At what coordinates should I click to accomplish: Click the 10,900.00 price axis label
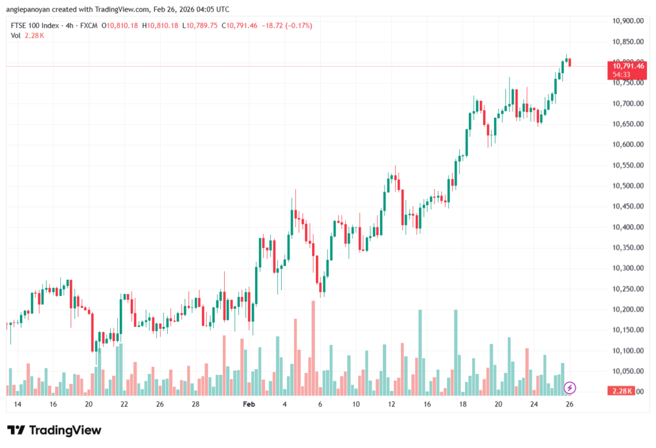[x=627, y=21]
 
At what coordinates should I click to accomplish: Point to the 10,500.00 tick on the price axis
[x=627, y=186]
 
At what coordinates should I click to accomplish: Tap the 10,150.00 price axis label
[x=627, y=330]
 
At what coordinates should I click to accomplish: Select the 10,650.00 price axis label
[x=627, y=124]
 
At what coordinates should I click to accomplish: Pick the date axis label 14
[x=17, y=405]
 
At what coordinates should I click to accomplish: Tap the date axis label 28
[x=195, y=405]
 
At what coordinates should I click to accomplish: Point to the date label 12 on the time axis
[x=391, y=405]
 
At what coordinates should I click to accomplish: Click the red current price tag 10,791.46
[x=628, y=66]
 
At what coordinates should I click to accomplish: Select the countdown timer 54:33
[x=621, y=74]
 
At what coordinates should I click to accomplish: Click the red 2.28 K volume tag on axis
[x=621, y=391]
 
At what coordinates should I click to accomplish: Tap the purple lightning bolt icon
[x=570, y=388]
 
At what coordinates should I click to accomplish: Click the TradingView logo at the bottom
[x=54, y=430]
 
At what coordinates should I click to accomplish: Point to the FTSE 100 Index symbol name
[x=35, y=26]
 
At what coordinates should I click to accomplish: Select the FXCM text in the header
[x=90, y=26]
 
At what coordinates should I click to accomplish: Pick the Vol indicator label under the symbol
[x=15, y=35]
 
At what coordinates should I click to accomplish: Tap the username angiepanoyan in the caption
[x=31, y=10]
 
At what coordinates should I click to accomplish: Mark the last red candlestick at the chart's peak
[x=570, y=62]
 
